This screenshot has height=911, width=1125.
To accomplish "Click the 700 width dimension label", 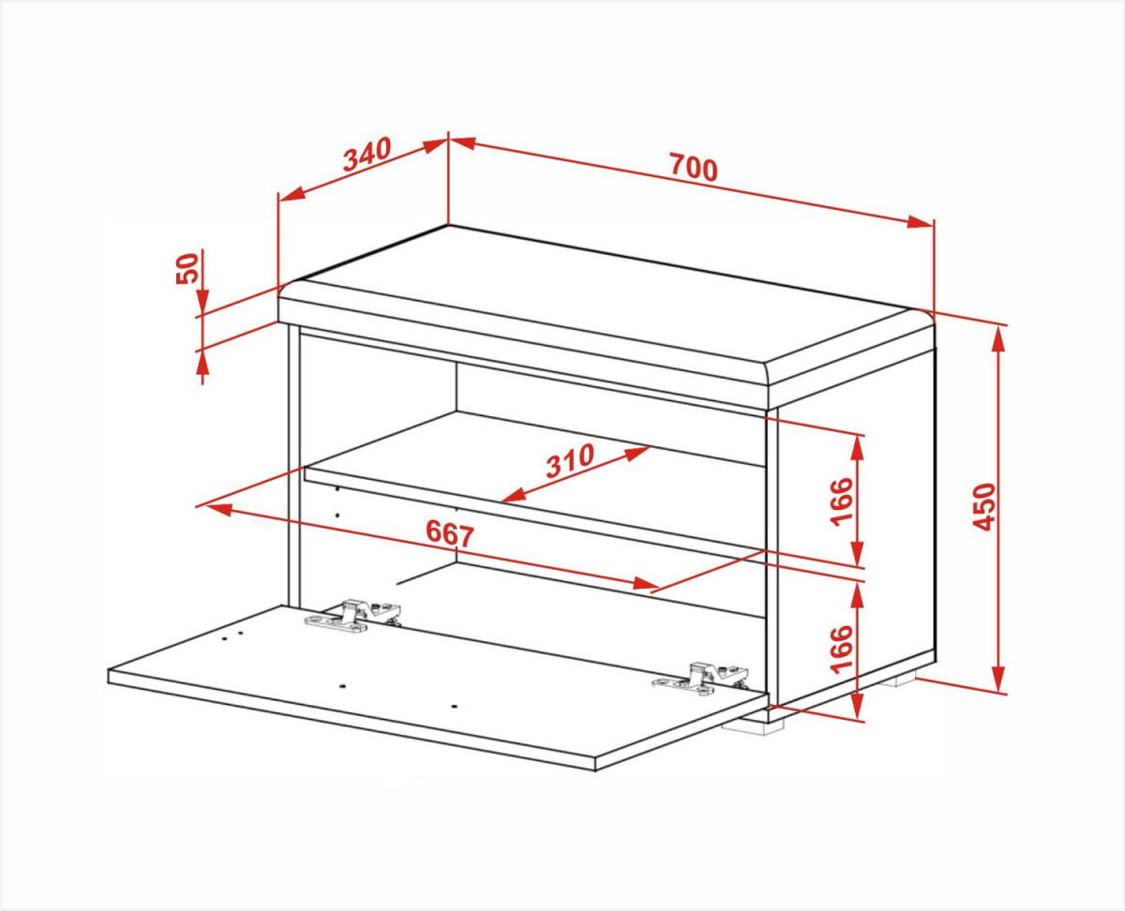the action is pos(694,167).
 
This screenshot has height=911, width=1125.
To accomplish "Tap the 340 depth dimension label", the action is pos(367,154).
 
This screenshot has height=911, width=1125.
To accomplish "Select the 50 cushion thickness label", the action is pos(187,268).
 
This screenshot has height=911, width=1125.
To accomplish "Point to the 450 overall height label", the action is pos(983,506).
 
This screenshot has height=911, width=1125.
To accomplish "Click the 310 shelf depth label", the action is pos(570,460).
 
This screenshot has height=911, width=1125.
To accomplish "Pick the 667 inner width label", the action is pos(450,533).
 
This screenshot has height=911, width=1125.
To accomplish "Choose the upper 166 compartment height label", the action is pos(841,501).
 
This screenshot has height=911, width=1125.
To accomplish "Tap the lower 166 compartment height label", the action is pos(841,650).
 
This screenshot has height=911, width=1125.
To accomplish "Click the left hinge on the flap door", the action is pos(352,615).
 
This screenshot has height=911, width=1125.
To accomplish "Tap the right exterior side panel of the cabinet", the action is pos(856,528).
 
